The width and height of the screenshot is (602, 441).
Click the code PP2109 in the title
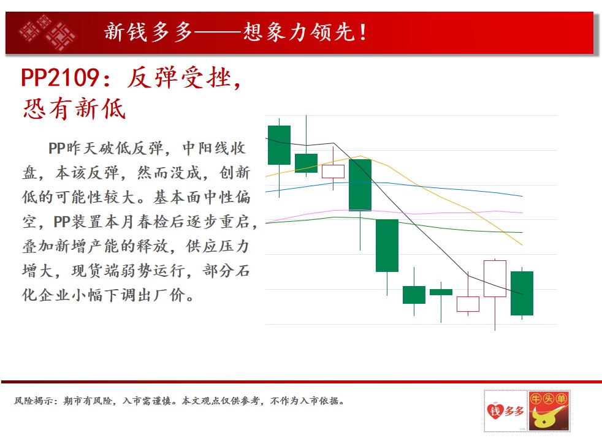[60, 77]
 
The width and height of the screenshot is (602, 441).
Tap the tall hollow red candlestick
[495, 279]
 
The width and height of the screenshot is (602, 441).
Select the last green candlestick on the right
[522, 293]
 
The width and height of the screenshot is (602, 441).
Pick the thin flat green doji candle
[441, 292]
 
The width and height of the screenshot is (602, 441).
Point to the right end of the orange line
[522, 244]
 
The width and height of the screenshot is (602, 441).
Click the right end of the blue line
[522, 196]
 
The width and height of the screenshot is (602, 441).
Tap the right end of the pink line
[522, 213]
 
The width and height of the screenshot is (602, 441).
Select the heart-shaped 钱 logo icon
[495, 411]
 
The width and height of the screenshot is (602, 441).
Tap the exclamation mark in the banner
[362, 32]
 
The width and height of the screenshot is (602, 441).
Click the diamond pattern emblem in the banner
[48, 32]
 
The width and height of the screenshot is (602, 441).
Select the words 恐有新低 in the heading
[74, 108]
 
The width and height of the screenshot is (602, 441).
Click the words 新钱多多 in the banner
[148, 32]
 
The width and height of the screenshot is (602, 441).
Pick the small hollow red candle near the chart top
[333, 171]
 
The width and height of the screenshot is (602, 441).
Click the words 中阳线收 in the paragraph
[214, 148]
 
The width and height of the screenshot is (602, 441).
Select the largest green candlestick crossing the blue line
[360, 185]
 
